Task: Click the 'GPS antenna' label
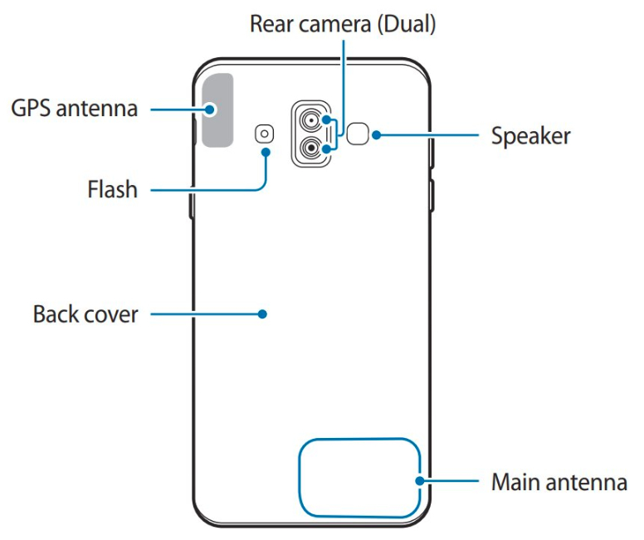74,108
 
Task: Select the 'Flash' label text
112,190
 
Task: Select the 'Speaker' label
530,135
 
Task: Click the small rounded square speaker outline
358,134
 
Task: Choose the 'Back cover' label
85,314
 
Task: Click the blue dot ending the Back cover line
261,314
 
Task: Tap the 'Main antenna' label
559,481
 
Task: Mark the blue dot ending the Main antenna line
421,480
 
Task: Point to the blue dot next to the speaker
377,134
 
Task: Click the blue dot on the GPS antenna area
212,109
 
